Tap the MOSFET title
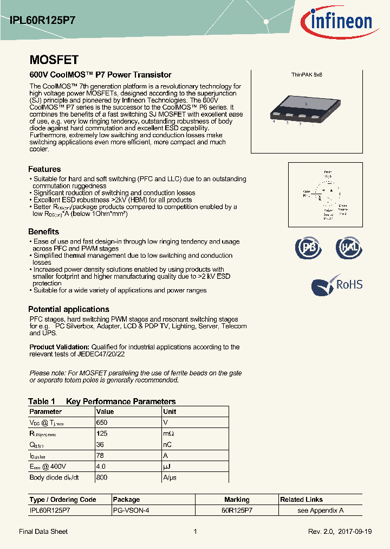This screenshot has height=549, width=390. pos(54,60)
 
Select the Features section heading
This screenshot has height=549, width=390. pos(44,169)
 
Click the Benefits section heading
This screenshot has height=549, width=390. pos(43,232)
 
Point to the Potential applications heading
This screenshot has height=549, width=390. pos(68,309)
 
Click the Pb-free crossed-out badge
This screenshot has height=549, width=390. pos(308,247)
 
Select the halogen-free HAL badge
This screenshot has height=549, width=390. pos(348,247)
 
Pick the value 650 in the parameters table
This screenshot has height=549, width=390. pos(101,422)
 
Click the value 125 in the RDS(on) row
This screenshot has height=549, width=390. pos(101,433)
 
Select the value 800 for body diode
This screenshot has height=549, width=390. pos(101,477)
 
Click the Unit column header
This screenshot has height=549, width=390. pos(170,412)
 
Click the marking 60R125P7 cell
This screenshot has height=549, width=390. pos(237,510)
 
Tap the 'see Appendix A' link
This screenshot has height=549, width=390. pos(320,510)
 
